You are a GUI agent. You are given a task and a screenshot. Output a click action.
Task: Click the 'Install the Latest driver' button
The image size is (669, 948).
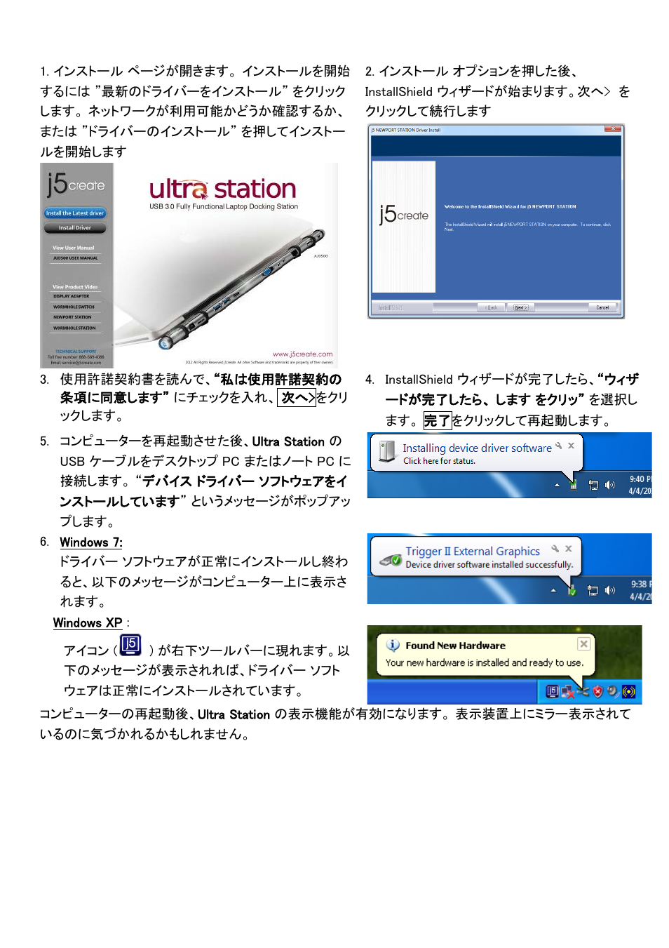click(x=75, y=213)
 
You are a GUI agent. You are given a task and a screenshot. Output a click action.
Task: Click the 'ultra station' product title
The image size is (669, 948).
click(x=222, y=189)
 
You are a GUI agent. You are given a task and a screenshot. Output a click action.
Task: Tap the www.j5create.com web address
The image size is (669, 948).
click(x=302, y=354)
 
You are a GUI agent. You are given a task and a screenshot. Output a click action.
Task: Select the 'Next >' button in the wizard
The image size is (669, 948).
click(x=520, y=307)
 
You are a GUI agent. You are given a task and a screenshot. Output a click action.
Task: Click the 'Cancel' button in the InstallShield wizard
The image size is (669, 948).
click(x=602, y=307)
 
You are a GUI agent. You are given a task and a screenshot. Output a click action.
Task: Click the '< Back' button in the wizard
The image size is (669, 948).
click(x=492, y=307)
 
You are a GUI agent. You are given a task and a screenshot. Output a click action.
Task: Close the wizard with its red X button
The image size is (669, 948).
click(x=613, y=129)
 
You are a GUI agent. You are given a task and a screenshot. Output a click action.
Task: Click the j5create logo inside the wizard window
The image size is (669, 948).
click(x=403, y=215)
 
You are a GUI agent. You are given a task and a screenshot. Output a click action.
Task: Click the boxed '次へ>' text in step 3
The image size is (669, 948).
click(x=297, y=398)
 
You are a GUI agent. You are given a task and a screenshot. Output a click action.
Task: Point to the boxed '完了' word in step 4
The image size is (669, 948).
click(x=437, y=421)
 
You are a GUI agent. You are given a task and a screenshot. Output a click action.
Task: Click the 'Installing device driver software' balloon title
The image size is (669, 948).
click(x=477, y=448)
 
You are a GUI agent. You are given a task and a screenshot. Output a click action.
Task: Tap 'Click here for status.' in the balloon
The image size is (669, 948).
click(x=439, y=461)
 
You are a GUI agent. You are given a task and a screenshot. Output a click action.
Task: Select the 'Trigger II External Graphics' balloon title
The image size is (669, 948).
click(x=473, y=552)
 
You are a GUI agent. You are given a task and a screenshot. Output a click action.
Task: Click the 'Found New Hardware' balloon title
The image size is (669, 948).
click(x=455, y=646)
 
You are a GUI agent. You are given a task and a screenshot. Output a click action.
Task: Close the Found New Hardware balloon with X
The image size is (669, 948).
click(x=583, y=643)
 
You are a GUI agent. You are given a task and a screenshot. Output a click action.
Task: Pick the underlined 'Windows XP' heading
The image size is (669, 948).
click(x=88, y=623)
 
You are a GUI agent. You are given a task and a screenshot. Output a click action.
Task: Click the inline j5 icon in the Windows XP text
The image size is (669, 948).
click(x=130, y=645)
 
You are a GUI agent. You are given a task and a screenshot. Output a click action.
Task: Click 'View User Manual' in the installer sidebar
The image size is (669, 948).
click(x=73, y=248)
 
